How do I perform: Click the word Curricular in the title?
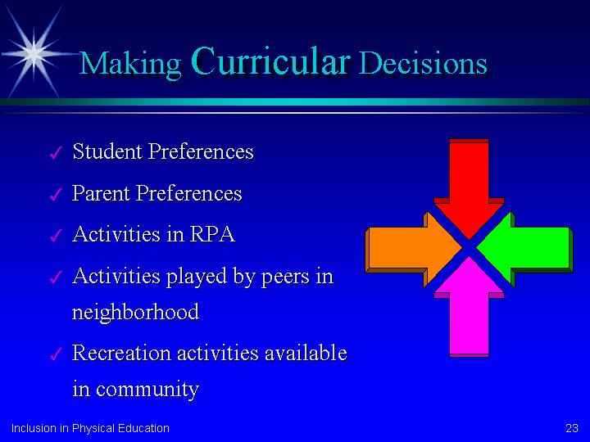click(271, 60)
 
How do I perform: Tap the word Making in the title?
click(130, 64)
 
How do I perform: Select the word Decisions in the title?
click(424, 62)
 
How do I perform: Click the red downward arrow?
click(469, 188)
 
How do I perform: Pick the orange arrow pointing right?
click(413, 249)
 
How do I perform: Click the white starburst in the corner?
click(34, 53)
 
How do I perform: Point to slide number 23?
click(572, 428)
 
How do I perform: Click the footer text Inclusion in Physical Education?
click(90, 428)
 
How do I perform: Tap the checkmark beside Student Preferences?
click(56, 152)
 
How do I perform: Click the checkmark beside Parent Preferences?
click(56, 194)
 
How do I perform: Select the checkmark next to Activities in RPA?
click(56, 236)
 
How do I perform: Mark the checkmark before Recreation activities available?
click(56, 354)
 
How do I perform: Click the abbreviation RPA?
click(212, 234)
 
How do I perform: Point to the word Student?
click(107, 151)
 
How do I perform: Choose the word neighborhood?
click(135, 312)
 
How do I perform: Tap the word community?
click(147, 389)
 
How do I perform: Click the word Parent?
click(101, 193)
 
